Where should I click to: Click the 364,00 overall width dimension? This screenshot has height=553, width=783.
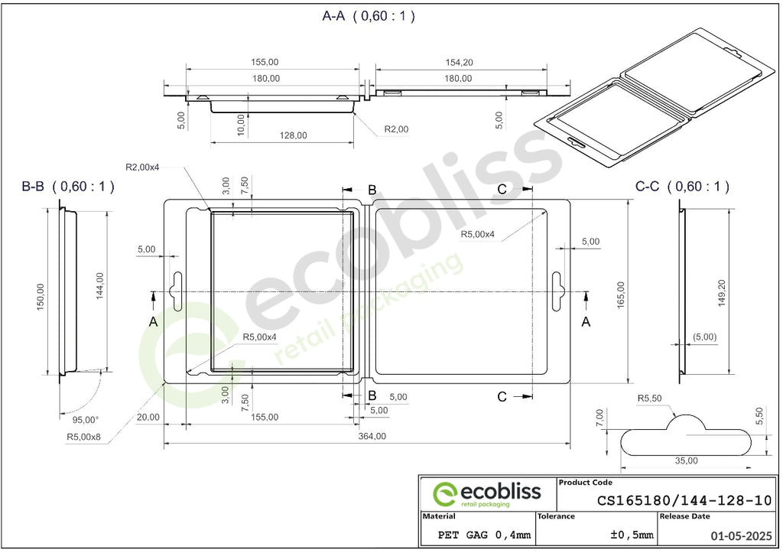tap(372, 436)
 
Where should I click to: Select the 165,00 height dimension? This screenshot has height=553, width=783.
tap(621, 294)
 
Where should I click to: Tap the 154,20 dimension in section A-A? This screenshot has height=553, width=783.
tap(459, 63)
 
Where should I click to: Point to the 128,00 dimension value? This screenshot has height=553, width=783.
tap(293, 135)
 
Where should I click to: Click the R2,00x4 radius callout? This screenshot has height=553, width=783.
tap(142, 167)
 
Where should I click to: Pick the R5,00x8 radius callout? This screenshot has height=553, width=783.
tap(83, 437)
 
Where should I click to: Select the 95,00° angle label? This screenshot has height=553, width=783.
tap(86, 420)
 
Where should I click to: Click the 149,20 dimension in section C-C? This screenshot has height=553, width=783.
tap(721, 293)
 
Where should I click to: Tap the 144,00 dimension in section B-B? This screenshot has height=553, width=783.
tap(100, 286)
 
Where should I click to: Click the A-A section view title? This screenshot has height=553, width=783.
tap(369, 16)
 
